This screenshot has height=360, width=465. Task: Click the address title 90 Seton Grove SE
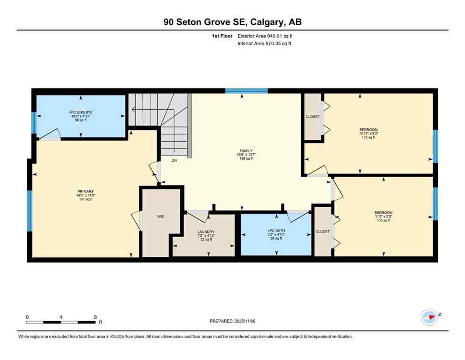(232, 22)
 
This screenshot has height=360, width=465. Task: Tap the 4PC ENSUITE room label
(81, 112)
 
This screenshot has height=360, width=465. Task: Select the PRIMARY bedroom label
(86, 191)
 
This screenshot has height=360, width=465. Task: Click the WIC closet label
(161, 217)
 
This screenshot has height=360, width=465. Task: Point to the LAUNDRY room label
(206, 232)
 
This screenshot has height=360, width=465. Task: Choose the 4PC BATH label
(276, 231)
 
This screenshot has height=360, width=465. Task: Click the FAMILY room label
(246, 151)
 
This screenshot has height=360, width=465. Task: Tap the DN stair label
(174, 160)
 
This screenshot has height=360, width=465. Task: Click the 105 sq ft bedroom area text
(383, 220)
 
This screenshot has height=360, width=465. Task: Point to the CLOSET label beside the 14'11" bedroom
(312, 117)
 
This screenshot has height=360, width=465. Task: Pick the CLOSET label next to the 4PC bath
(323, 232)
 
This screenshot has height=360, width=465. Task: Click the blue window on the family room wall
(246, 91)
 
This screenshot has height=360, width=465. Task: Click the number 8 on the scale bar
(96, 317)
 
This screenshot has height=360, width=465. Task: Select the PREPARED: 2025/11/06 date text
(233, 321)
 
